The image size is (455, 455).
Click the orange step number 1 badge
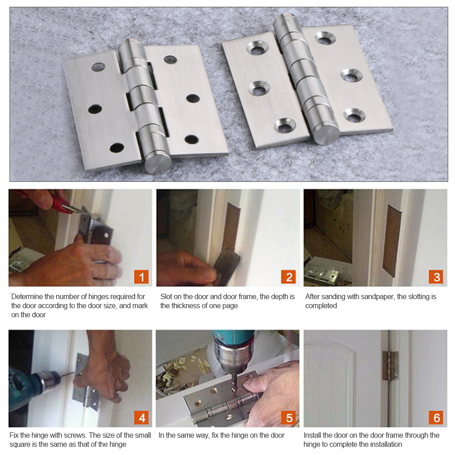pyautogui.click(x=141, y=277)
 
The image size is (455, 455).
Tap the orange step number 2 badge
pyautogui.click(x=289, y=277)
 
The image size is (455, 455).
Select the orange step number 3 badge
pyautogui.click(x=436, y=277)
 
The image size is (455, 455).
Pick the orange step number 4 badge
pyautogui.click(x=141, y=418)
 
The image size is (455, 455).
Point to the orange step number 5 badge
pyautogui.click(x=289, y=418)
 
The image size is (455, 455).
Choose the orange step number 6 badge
pyautogui.click(x=436, y=418)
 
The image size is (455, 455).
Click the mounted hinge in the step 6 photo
pyautogui.click(x=390, y=365)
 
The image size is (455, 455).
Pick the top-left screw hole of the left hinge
pyautogui.click(x=98, y=67)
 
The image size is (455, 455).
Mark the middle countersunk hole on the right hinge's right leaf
pyautogui.click(x=351, y=75)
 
